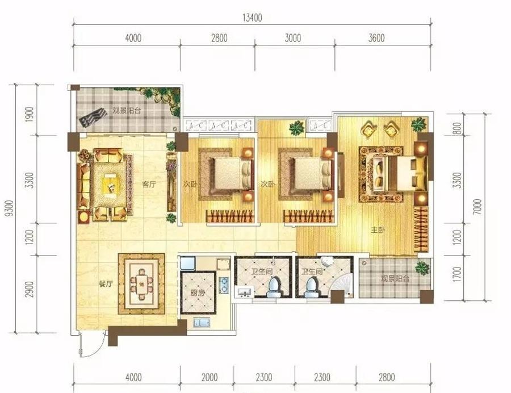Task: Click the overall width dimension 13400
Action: (252, 18)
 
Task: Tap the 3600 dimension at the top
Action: (376, 38)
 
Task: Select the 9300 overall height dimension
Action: (10, 208)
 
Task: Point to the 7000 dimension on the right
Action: (477, 207)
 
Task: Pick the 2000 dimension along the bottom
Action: (209, 377)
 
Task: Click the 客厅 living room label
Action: (149, 185)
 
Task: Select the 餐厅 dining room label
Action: (105, 283)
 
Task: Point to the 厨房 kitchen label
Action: (198, 292)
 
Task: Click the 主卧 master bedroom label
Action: (378, 231)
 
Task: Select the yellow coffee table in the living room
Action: (109, 185)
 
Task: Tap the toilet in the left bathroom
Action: (273, 287)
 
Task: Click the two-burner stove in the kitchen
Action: (224, 285)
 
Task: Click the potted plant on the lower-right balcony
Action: (422, 267)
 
